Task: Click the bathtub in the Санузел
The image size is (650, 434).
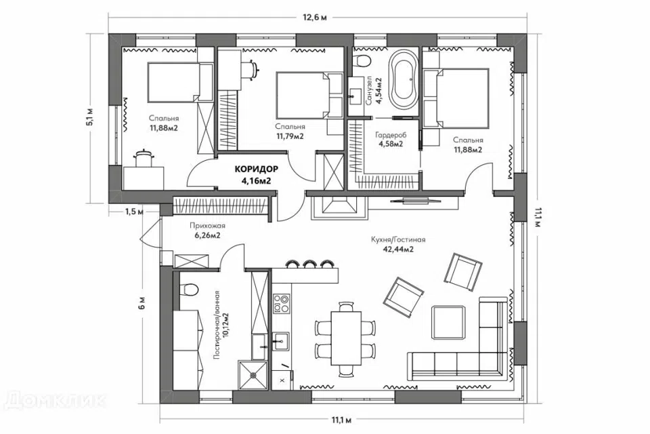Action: (x=402, y=79)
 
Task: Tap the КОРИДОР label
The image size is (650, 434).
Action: (x=256, y=169)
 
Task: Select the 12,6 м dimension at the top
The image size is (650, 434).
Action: (x=316, y=17)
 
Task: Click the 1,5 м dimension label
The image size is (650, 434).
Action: (x=134, y=212)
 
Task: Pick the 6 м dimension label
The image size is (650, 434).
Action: (x=142, y=304)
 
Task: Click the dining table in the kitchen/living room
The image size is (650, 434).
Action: (x=346, y=338)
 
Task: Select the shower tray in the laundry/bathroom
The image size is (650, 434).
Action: (x=253, y=375)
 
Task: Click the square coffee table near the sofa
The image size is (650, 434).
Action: (x=448, y=323)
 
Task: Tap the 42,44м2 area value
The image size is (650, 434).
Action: (x=398, y=249)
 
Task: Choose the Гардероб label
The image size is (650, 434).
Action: (x=391, y=135)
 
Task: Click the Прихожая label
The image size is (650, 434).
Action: (x=207, y=226)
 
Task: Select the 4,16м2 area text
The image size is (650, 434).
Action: (x=256, y=180)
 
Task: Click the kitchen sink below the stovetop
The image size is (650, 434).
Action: (x=282, y=342)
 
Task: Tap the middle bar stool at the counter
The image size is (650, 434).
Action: (x=309, y=264)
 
